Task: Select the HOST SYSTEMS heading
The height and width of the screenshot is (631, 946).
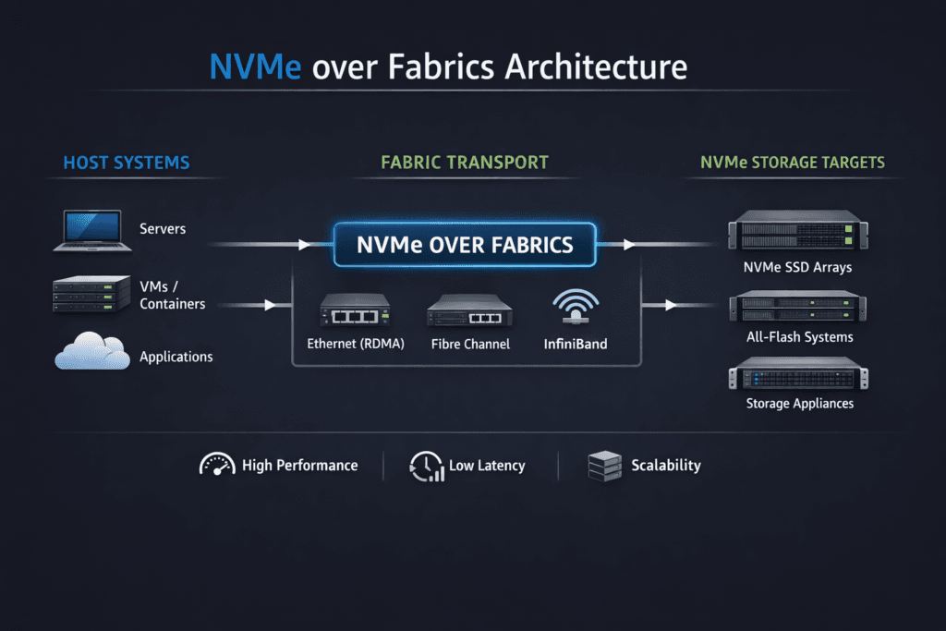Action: pos(127,164)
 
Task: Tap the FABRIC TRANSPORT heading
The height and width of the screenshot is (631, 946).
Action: pos(465,164)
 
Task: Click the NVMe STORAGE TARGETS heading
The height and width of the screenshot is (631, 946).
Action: pos(793,164)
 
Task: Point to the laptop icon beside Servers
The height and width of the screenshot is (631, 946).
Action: pos(91,229)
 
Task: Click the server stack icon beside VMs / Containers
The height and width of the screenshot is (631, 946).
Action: pos(91,295)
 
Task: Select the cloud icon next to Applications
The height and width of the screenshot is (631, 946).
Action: pos(91,354)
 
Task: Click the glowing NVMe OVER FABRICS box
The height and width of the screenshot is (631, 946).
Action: pos(465,245)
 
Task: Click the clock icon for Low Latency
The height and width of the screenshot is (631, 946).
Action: pos(425,466)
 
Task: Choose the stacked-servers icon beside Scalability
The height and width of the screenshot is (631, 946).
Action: pos(604,466)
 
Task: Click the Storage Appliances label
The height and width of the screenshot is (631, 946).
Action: pos(799,404)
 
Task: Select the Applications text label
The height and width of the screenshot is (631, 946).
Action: pos(176,357)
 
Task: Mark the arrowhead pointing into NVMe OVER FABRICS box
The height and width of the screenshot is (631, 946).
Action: pos(305,245)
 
